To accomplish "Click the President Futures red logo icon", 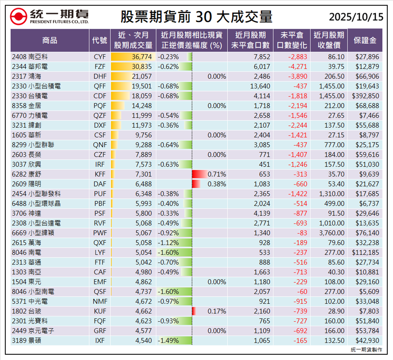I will (x=19, y=17).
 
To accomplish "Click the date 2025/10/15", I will (x=356, y=17).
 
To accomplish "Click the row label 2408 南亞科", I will (x=27, y=57).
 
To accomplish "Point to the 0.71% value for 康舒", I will (x=217, y=174).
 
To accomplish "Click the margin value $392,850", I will (x=365, y=96).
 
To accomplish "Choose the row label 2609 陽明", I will (x=26, y=184).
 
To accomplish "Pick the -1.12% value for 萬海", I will (x=168, y=243).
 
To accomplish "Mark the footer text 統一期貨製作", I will (x=366, y=350).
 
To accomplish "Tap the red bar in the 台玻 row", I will (x=194, y=311).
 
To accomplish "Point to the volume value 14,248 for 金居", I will (x=142, y=106).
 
